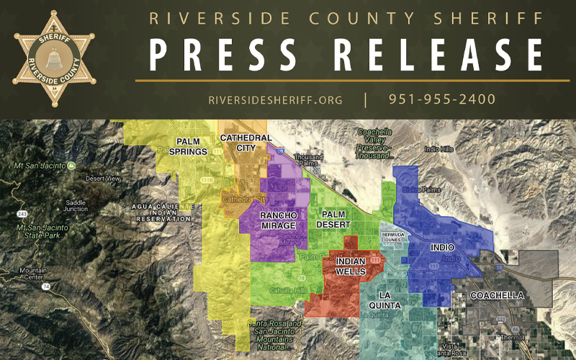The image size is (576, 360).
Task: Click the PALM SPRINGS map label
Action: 188,146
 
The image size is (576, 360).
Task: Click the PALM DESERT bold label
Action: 333,220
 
